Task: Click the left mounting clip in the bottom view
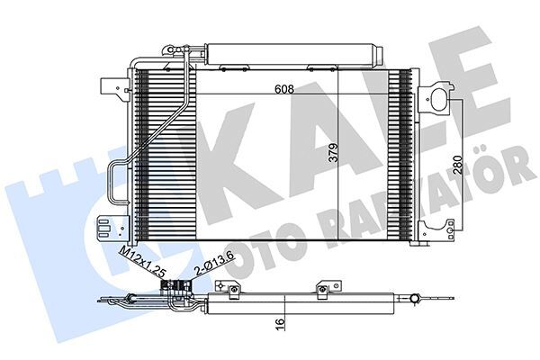click(x=231, y=289)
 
